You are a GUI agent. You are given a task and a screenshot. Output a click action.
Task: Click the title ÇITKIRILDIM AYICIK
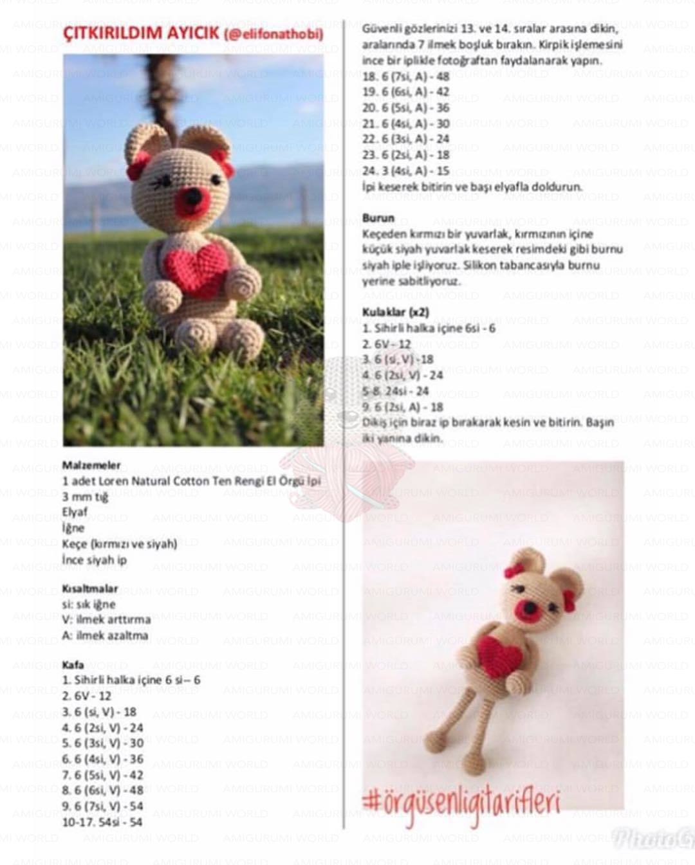(141, 33)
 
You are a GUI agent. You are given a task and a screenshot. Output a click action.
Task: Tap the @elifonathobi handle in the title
(273, 34)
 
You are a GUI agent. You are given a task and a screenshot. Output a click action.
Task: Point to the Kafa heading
(73, 665)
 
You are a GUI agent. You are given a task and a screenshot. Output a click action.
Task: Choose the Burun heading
(378, 218)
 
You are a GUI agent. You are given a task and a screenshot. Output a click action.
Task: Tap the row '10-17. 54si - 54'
(102, 822)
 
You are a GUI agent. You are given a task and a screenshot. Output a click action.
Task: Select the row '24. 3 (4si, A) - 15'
(406, 171)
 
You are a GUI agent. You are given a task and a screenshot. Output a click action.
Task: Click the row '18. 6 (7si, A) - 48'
(406, 77)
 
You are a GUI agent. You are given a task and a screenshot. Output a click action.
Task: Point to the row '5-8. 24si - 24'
(396, 391)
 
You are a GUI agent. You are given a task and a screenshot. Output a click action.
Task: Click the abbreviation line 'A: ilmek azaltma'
(106, 635)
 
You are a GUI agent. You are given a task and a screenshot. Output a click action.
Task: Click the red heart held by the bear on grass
(190, 270)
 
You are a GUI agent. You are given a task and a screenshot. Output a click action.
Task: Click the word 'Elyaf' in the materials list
(75, 513)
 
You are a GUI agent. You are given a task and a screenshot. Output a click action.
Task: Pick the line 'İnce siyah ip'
(95, 560)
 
